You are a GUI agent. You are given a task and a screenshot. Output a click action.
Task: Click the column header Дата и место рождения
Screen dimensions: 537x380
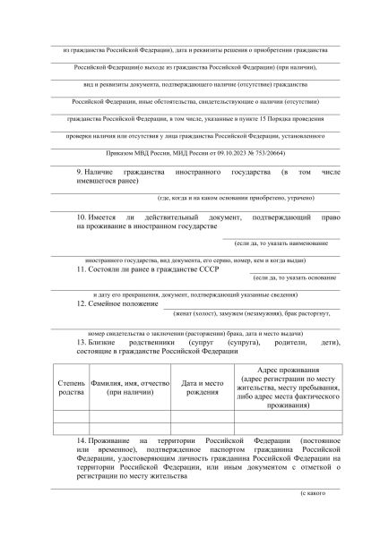click(201, 388)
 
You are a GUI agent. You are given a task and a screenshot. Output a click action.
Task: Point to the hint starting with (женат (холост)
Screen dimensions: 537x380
click(254, 314)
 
